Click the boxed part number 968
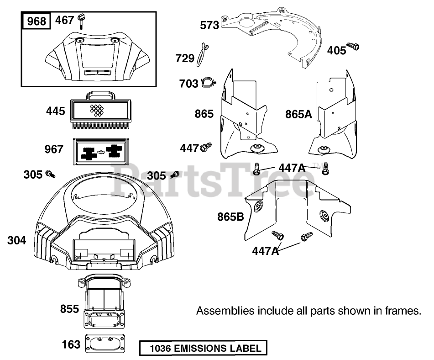[37, 21]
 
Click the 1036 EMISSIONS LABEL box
[203, 349]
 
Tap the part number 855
[69, 309]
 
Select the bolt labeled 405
[353, 47]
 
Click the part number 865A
[298, 114]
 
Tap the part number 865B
[230, 217]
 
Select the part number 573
[209, 25]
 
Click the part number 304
[16, 240]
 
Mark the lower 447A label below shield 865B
[265, 251]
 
